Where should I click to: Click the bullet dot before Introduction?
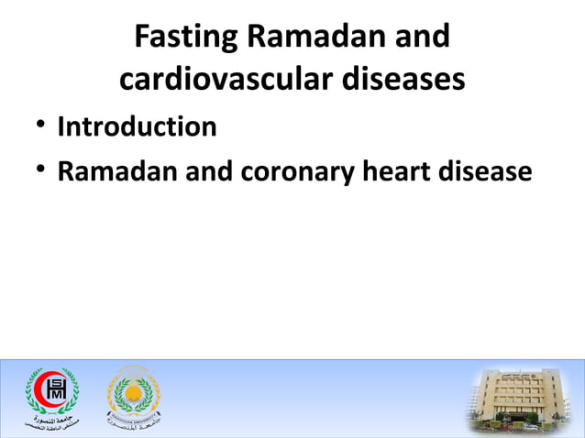(37, 126)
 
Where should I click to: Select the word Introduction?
(137, 126)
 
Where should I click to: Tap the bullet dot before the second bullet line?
(37, 170)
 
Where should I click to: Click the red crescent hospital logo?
(51, 389)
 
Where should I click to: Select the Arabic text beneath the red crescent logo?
(50, 422)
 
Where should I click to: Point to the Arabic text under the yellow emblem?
(133, 424)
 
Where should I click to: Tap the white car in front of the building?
(530, 427)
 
